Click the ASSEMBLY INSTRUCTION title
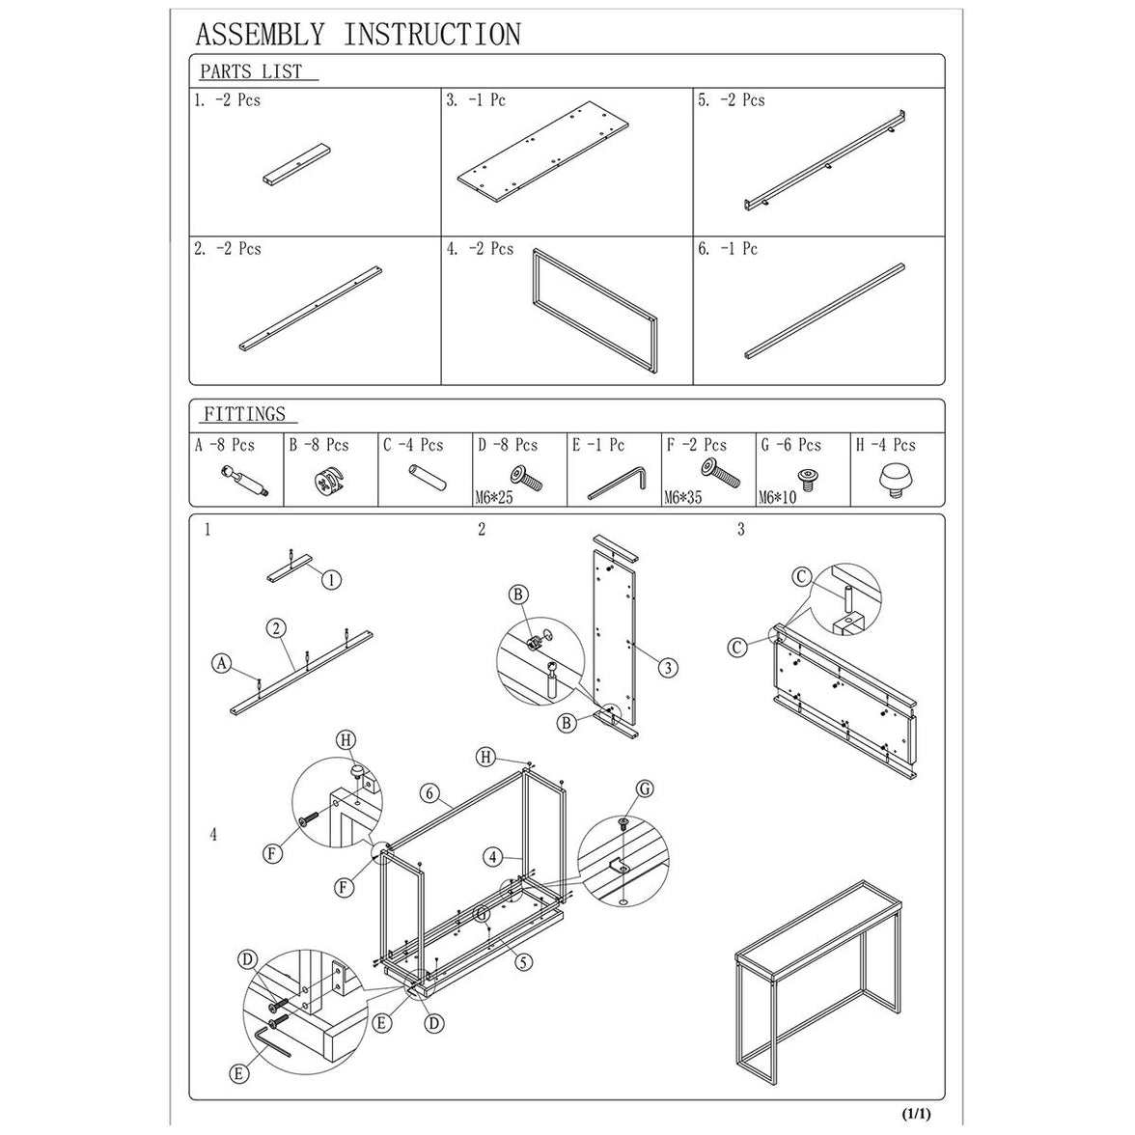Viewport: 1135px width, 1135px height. coord(357,35)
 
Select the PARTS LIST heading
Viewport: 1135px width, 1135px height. coord(251,71)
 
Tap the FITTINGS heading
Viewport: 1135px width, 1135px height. coord(244,414)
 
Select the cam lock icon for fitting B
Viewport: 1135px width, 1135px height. coord(328,481)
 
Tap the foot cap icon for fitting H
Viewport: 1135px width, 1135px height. coord(895,480)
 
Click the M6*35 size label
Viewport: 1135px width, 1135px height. coord(686,499)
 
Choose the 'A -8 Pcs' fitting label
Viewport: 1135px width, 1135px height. coord(225,445)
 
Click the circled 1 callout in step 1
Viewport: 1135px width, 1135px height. coord(331,580)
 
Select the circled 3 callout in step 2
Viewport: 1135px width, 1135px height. coord(668,667)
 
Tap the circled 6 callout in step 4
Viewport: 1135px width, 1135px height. coord(430,794)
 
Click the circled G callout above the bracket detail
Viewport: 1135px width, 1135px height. coord(646,789)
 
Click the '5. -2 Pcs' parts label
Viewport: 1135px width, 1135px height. coord(732,100)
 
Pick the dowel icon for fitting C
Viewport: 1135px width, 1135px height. coord(422,479)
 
